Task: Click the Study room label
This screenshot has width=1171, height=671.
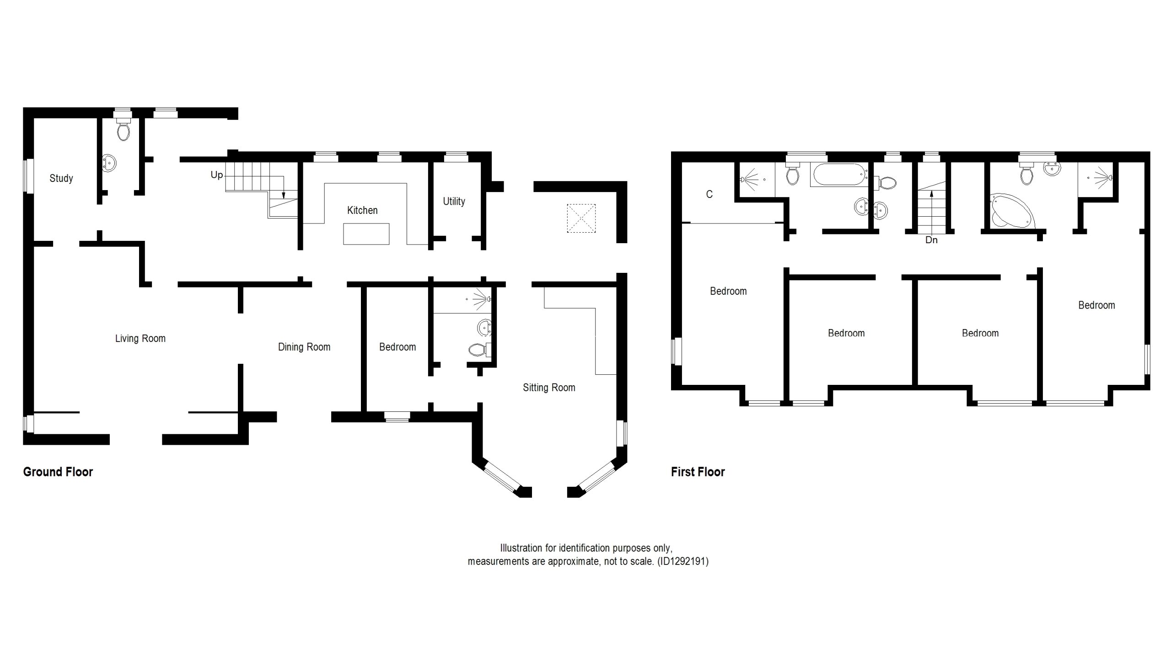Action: click(61, 178)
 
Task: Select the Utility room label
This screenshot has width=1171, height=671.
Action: click(454, 202)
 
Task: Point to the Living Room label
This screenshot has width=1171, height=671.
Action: click(140, 338)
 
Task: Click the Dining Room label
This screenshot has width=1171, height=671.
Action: click(304, 347)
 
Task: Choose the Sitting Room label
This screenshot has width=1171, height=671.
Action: click(549, 388)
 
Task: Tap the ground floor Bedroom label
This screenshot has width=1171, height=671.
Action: click(397, 347)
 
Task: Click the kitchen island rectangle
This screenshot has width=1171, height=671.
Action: click(366, 234)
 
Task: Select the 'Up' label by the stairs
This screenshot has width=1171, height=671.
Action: click(217, 175)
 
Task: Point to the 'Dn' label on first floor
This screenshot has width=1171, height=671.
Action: click(931, 240)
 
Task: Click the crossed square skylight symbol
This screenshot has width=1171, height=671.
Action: click(581, 218)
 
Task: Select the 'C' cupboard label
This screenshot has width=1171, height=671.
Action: click(709, 194)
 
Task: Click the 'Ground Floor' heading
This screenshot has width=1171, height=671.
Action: click(58, 472)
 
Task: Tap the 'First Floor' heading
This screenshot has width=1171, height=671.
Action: click(698, 472)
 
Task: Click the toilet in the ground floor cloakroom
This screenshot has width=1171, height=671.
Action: click(123, 129)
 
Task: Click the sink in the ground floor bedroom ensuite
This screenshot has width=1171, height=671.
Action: click(484, 328)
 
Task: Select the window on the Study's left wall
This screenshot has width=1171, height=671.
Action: click(29, 176)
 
